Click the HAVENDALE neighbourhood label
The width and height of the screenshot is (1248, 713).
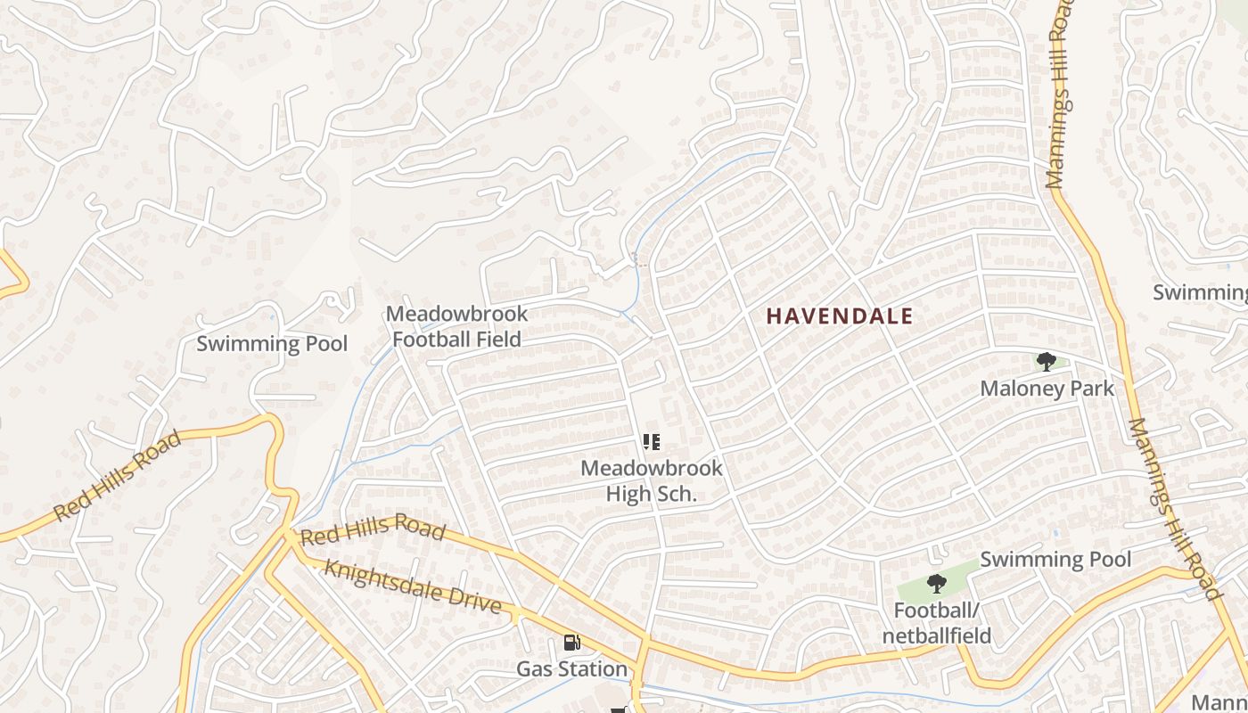840,316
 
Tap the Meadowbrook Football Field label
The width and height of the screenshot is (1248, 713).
456,326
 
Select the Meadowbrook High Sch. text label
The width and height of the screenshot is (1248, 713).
651,480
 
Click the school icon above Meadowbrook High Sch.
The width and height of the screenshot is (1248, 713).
652,442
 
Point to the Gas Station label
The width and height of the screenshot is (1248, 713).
572,668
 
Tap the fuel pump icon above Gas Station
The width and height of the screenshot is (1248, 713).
571,643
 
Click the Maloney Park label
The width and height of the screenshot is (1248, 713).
1047,389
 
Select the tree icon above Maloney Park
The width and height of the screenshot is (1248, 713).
1047,362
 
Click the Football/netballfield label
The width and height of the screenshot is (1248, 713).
936,623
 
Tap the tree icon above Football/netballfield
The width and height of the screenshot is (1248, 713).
936,585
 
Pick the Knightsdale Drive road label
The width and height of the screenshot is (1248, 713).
412,586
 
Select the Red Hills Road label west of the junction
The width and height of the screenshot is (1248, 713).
118,476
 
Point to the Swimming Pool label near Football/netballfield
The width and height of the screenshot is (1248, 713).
1055,560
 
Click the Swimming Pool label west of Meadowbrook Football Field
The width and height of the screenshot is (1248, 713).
272,344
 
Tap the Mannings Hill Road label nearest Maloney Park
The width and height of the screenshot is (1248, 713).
1172,508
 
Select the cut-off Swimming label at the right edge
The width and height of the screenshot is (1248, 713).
1200,292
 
